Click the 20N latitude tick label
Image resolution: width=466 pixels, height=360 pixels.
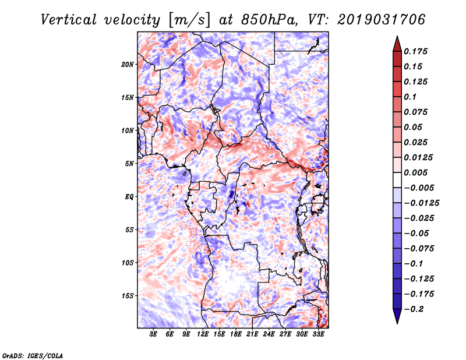128,64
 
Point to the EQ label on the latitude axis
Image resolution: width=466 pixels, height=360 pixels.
129,197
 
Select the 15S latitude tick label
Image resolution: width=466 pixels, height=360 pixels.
128,296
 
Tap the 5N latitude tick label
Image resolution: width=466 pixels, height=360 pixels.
129,164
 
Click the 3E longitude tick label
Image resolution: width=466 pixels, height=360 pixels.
154,335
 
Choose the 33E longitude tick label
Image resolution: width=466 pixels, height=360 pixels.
319,335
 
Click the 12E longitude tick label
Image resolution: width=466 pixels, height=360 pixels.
203,335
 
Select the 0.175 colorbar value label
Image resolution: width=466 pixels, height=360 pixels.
416,51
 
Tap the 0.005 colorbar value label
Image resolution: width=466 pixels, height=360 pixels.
416,172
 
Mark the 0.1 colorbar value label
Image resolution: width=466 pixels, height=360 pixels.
411,97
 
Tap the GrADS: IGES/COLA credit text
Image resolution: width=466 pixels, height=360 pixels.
33,355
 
